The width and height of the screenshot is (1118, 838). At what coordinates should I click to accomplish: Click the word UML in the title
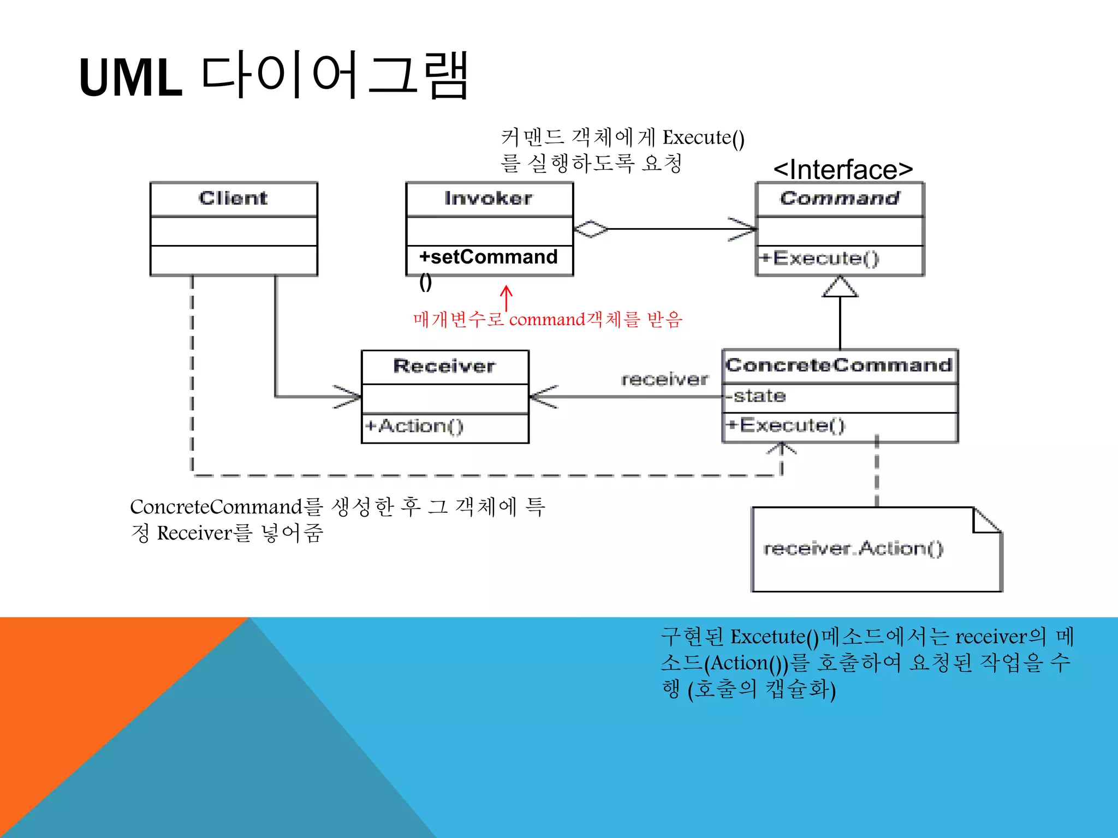(x=130, y=78)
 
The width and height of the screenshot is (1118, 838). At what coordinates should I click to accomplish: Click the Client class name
(x=233, y=198)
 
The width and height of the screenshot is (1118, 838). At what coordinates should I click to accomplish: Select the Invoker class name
(x=488, y=198)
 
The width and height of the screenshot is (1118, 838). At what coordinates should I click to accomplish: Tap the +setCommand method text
(x=488, y=257)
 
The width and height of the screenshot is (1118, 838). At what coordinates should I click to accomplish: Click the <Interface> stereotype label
(x=843, y=170)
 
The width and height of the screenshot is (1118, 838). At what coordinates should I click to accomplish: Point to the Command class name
(x=840, y=198)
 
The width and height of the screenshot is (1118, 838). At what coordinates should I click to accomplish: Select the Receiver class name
(x=444, y=366)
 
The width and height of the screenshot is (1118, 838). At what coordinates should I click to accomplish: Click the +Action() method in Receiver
(x=414, y=426)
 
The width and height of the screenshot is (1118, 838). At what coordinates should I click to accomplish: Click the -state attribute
(x=757, y=396)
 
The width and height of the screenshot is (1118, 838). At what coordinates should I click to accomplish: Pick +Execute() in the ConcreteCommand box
(x=786, y=425)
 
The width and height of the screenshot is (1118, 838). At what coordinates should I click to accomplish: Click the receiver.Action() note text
(x=853, y=548)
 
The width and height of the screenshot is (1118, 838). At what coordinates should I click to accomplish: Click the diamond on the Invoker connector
(x=591, y=229)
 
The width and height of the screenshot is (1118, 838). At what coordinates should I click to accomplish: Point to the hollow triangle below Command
(x=840, y=288)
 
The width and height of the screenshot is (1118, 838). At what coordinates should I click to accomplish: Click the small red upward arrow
(x=507, y=298)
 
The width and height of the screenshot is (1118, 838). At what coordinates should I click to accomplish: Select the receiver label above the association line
(x=664, y=379)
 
